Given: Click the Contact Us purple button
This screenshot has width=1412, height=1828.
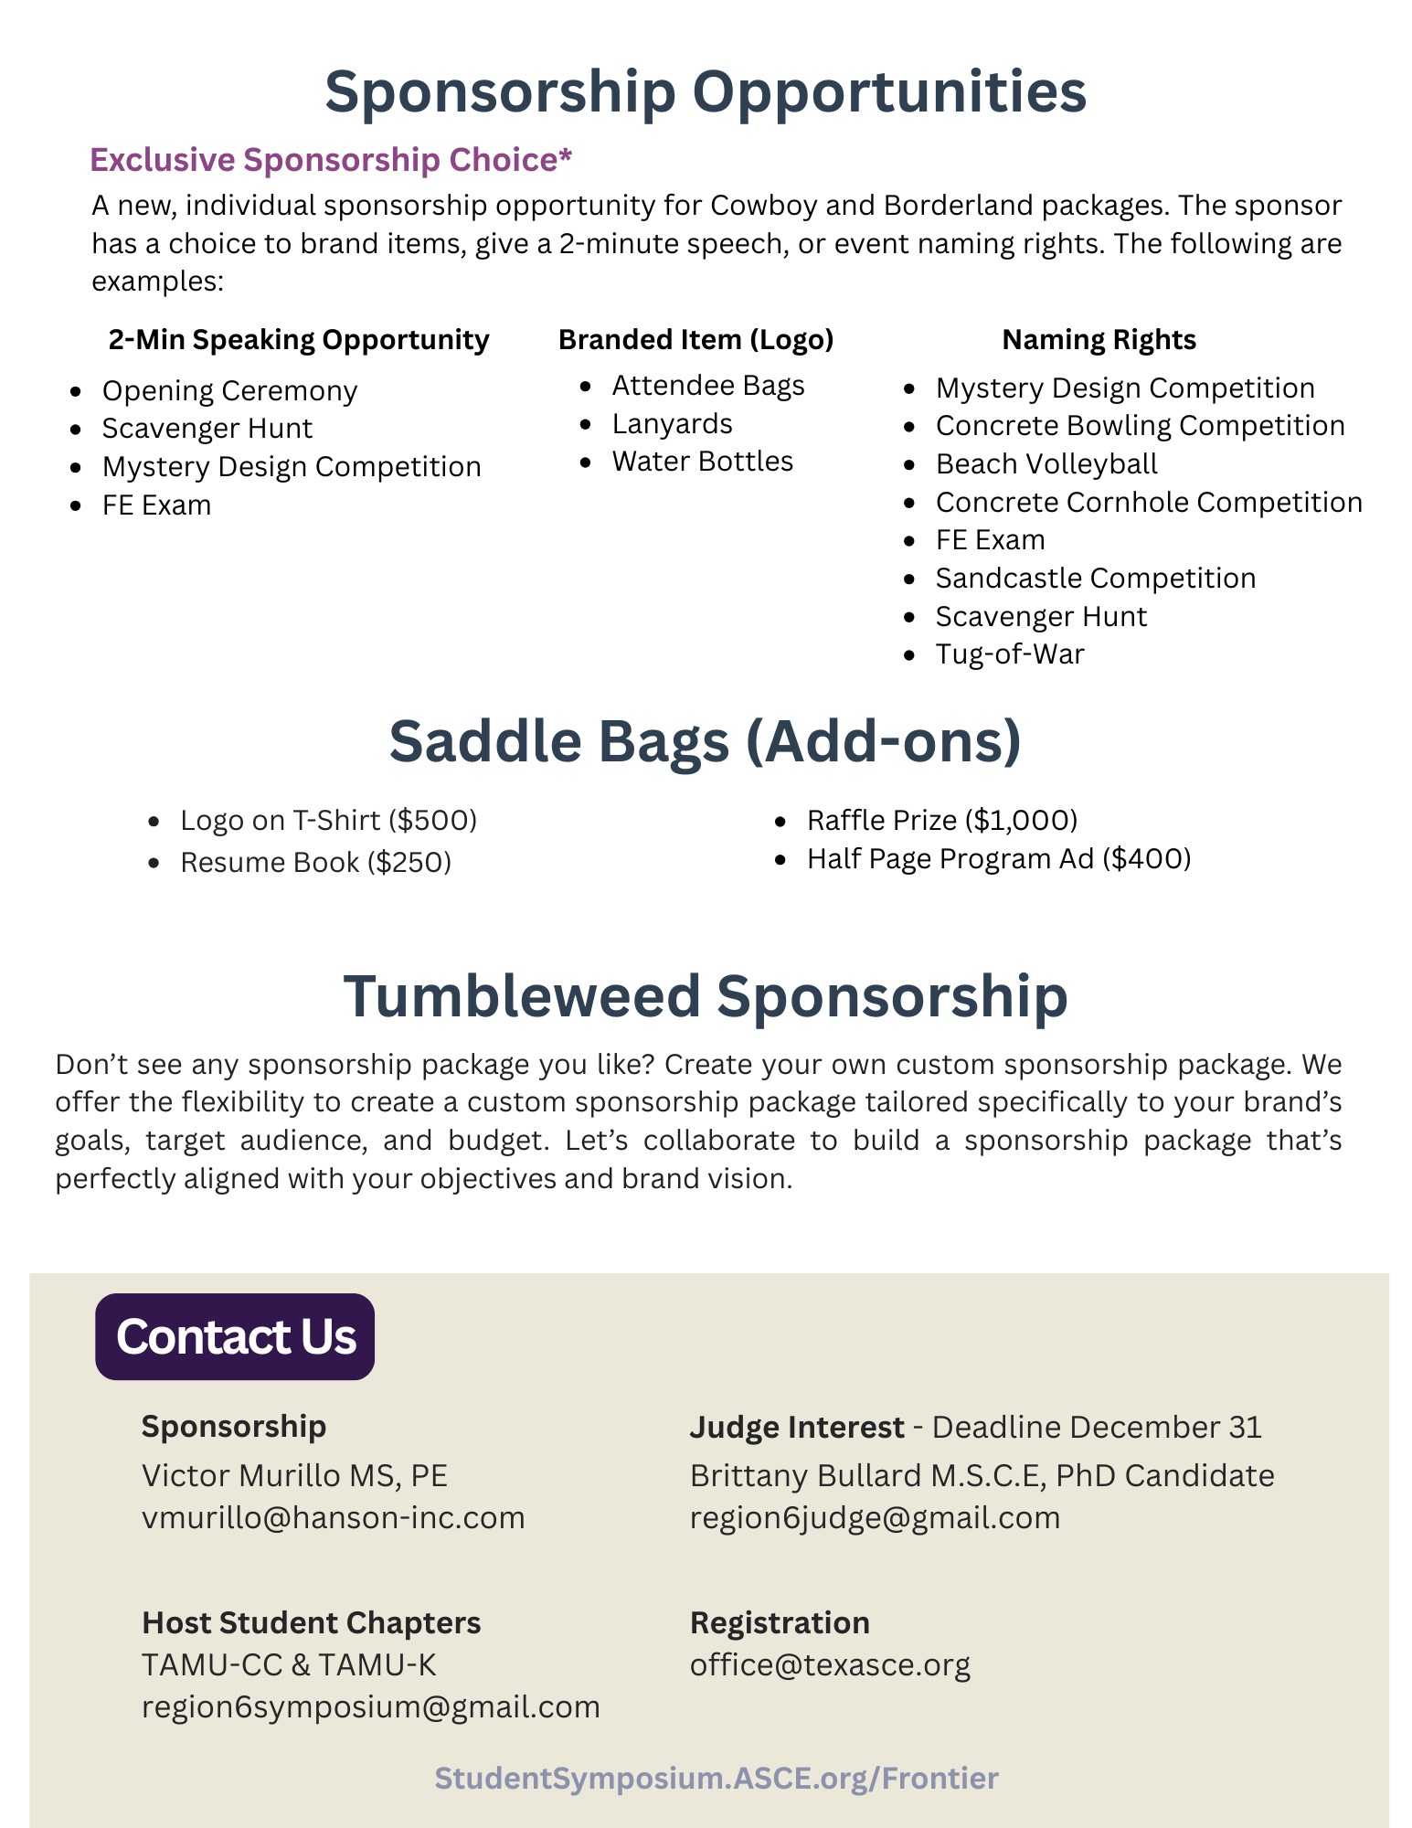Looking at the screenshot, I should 235,1336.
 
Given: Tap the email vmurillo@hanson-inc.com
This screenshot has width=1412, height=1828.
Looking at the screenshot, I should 334,1517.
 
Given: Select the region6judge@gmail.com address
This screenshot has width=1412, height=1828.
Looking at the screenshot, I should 875,1517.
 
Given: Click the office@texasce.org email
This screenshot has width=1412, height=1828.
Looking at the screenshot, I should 830,1664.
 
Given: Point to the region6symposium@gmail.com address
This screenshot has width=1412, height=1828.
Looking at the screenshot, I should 371,1706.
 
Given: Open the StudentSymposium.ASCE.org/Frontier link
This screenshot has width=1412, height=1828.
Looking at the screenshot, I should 717,1778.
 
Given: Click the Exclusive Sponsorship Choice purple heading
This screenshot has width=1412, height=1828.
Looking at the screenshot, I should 331,160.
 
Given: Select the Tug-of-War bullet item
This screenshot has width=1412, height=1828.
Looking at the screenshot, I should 1010,654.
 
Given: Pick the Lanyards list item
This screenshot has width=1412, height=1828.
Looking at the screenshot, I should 673,424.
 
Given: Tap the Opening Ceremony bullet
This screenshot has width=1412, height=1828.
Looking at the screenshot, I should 229,391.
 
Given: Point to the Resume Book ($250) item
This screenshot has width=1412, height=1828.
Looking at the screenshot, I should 315,862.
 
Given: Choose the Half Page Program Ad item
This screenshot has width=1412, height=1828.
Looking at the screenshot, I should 999,859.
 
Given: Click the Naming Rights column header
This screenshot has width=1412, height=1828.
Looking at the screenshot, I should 1099,340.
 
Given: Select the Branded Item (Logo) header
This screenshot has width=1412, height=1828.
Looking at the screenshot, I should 695,340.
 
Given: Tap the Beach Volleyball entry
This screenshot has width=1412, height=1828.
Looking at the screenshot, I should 1046,464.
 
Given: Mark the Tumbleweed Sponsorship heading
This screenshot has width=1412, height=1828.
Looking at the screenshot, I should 706,995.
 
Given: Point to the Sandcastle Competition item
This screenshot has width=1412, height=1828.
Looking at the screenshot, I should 1096,579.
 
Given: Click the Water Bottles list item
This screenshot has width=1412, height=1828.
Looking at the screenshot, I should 703,462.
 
